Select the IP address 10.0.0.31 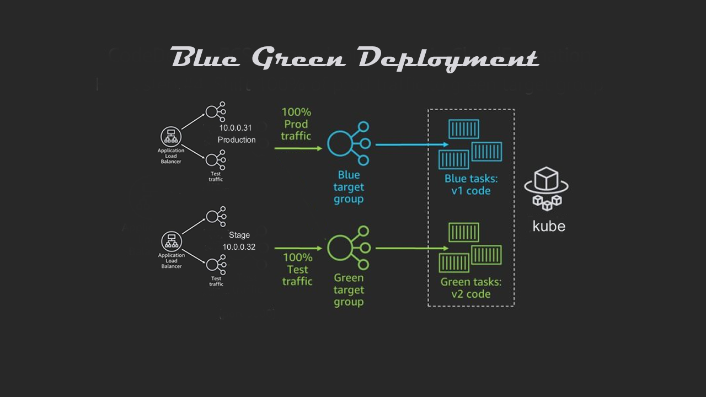point(236,128)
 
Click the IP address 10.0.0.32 point(239,247)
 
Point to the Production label point(237,140)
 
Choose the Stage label point(239,235)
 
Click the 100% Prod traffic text point(296,124)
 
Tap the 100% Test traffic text point(297,269)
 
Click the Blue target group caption point(349,187)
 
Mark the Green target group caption point(349,290)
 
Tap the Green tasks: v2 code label point(470,288)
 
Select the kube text point(549,226)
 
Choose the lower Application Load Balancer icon point(171,242)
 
